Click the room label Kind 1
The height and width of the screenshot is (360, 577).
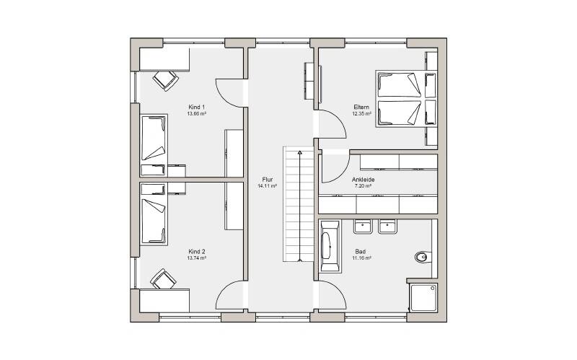(x=196, y=107)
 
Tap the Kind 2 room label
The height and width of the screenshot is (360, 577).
(x=196, y=252)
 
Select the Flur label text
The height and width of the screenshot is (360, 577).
(x=268, y=180)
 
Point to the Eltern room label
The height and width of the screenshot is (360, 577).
(x=361, y=107)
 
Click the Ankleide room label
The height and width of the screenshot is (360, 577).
(x=364, y=180)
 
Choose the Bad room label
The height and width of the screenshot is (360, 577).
(x=360, y=252)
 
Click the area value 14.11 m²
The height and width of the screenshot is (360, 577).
(x=268, y=186)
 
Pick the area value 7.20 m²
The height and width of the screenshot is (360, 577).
(x=363, y=186)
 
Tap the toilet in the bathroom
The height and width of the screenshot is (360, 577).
(x=423, y=257)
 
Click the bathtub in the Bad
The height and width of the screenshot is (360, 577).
(x=330, y=245)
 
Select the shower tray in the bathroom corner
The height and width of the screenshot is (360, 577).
(x=423, y=297)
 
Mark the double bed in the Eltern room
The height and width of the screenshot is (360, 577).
(x=406, y=99)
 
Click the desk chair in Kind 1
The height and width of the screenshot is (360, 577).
(x=166, y=80)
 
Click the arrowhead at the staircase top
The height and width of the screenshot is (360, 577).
(x=300, y=152)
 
